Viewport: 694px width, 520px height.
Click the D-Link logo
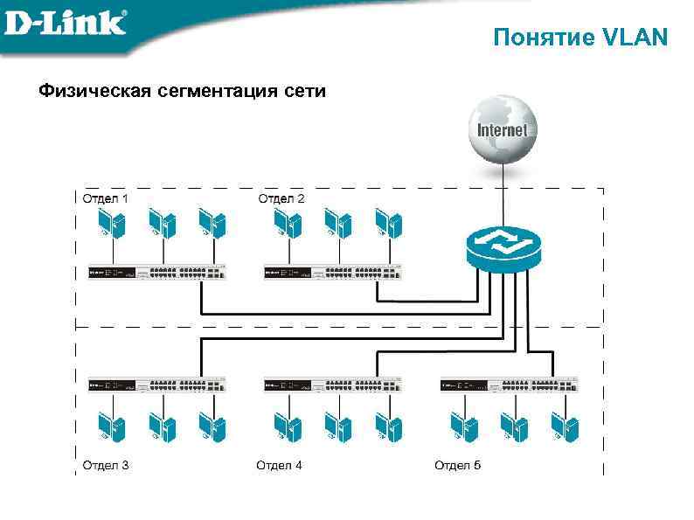[66, 22]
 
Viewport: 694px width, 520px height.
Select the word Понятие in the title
[543, 38]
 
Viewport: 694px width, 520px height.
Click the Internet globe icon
[502, 129]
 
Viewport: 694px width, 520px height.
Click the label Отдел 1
[106, 198]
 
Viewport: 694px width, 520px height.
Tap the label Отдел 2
[281, 198]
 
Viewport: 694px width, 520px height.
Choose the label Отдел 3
[106, 465]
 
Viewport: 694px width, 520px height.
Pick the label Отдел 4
[279, 465]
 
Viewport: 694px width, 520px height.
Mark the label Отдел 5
[458, 465]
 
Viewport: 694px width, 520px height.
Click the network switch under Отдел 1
[157, 273]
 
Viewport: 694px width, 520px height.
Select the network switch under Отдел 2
[333, 273]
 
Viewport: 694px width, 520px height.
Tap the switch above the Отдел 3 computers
[157, 385]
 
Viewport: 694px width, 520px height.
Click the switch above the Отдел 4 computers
[333, 385]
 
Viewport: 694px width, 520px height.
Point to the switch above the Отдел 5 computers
[509, 385]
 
